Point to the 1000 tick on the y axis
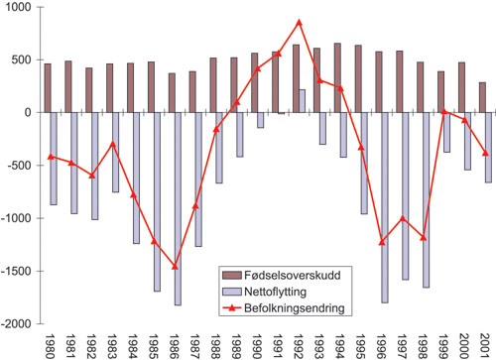coord(18,7)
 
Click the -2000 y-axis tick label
coord(16,323)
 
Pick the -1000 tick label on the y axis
coord(16,218)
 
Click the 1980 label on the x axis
coord(50,343)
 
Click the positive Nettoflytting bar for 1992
coord(301,101)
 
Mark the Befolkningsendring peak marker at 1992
coord(299,22)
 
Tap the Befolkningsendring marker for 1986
coord(175,267)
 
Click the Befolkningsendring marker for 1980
coord(51,157)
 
